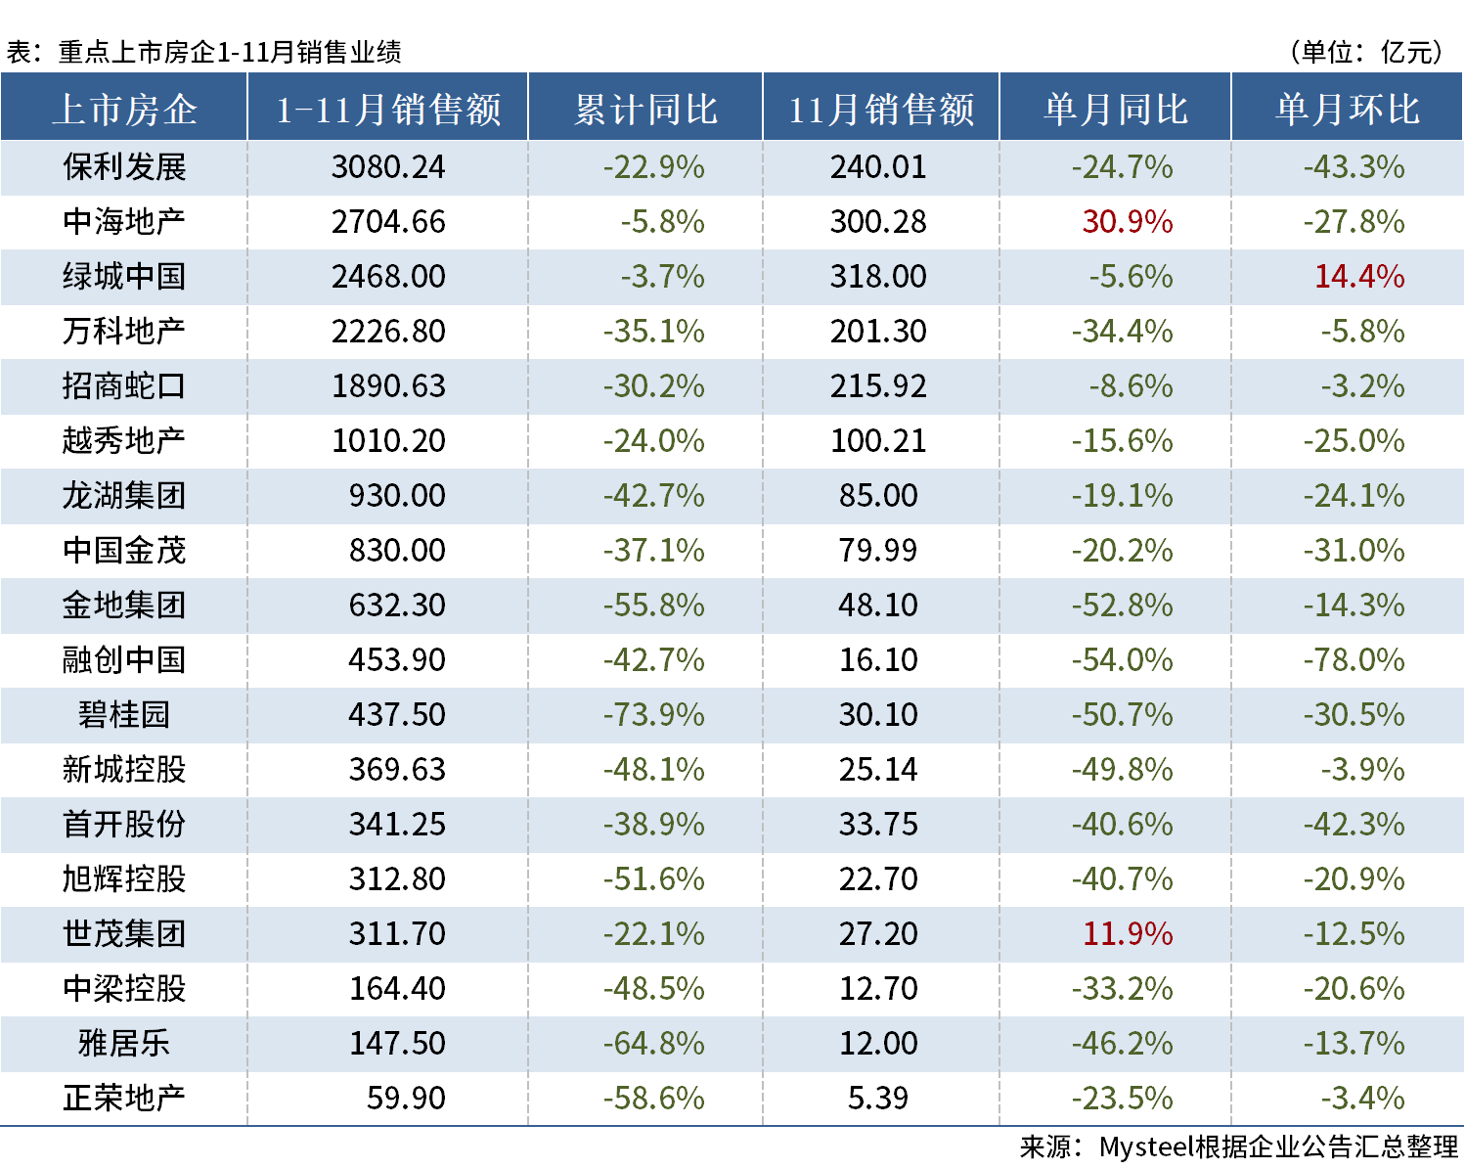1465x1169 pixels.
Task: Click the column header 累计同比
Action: (645, 109)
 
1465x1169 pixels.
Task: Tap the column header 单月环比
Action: (1348, 109)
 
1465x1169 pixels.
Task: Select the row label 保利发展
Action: (124, 167)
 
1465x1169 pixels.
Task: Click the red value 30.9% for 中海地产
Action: (1127, 222)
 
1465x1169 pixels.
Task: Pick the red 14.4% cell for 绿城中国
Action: (1358, 277)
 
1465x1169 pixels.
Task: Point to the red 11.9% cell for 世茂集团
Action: (1127, 934)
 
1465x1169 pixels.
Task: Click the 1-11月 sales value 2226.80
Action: (388, 332)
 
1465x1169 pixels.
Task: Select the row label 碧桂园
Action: (124, 715)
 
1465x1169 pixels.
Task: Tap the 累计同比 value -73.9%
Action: (653, 715)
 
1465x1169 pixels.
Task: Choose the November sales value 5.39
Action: (878, 1099)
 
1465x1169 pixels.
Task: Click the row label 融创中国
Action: (124, 660)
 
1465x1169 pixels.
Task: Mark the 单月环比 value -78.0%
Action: (1354, 660)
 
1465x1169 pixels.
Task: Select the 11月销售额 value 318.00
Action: (878, 277)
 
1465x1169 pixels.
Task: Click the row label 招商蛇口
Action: (124, 386)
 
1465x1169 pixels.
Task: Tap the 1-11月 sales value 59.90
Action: (405, 1099)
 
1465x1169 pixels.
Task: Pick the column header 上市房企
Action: (124, 109)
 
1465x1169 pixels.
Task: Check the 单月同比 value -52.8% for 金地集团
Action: (1122, 606)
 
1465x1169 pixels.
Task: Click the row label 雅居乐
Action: (124, 1044)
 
